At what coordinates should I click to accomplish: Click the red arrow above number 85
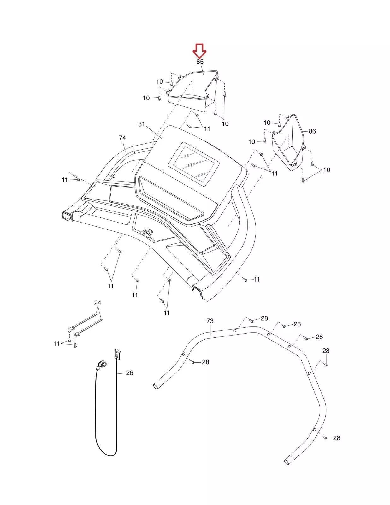(x=200, y=50)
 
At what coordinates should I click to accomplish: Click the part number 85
(x=200, y=62)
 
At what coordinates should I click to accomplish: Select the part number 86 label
(x=312, y=131)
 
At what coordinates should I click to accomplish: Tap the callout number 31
(x=141, y=124)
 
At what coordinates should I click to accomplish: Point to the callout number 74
(x=122, y=138)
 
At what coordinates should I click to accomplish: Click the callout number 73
(x=210, y=321)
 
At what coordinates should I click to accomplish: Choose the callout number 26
(x=129, y=373)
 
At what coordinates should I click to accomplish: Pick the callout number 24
(x=98, y=303)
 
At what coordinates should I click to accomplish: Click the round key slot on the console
(x=147, y=233)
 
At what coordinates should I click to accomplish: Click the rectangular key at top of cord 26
(x=117, y=354)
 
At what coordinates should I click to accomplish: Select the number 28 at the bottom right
(x=336, y=438)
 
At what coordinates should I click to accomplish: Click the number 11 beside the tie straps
(x=56, y=343)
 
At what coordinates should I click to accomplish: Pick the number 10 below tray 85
(x=225, y=124)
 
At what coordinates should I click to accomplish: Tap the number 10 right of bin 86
(x=327, y=170)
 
